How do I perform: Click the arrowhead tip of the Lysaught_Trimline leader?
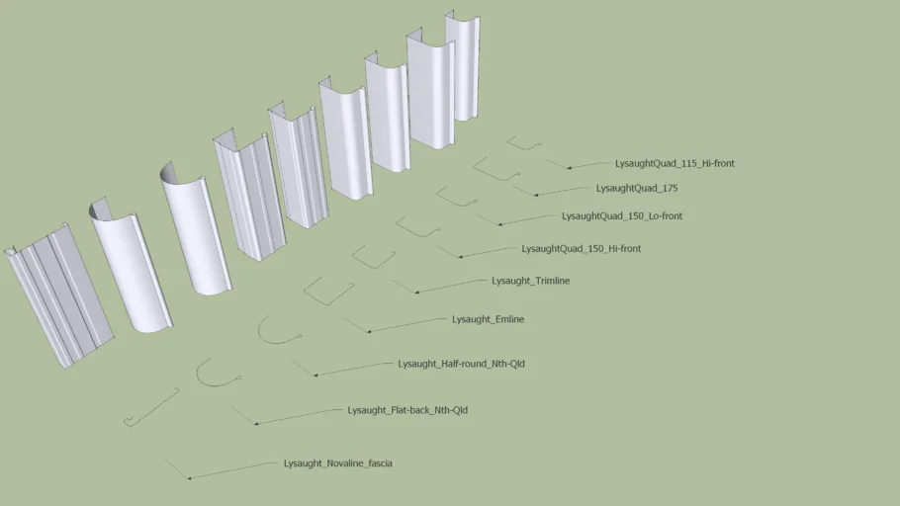click(415, 293)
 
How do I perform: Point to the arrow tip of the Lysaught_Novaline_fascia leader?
click(188, 478)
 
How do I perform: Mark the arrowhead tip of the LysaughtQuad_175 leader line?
click(534, 195)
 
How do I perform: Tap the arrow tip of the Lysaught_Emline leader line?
click(367, 332)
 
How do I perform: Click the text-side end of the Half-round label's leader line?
click(393, 363)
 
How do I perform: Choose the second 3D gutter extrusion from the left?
click(131, 265)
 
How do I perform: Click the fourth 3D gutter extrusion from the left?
click(249, 194)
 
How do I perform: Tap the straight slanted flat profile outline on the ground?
click(151, 408)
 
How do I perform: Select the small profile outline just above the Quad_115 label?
click(524, 143)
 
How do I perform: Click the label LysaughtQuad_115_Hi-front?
click(675, 163)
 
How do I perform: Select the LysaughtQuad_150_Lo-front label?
click(622, 216)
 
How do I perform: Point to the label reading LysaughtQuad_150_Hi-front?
click(581, 249)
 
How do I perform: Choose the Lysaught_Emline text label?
click(488, 319)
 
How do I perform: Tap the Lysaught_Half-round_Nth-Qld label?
click(461, 364)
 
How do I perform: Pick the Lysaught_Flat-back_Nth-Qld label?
click(406, 410)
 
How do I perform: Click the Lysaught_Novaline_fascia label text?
click(337, 464)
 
